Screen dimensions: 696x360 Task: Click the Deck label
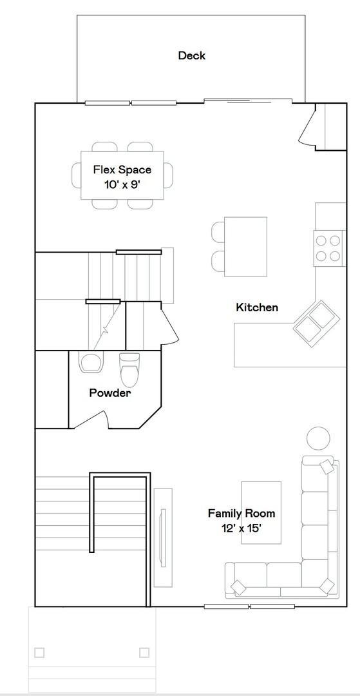click(191, 55)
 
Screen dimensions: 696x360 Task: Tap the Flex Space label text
click(122, 169)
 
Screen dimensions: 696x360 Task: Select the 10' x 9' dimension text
click(122, 184)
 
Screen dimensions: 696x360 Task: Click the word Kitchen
click(257, 307)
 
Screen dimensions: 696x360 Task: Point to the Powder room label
click(109, 392)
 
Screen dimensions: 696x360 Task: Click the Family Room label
click(241, 513)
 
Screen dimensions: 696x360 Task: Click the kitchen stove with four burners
click(327, 248)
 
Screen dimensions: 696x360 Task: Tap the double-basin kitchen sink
click(316, 323)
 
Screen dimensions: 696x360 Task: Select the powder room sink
click(90, 362)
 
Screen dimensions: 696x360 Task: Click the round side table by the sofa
click(318, 438)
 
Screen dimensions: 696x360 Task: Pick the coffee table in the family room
click(261, 512)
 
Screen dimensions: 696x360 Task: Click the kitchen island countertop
click(245, 246)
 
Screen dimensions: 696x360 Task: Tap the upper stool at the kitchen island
click(218, 231)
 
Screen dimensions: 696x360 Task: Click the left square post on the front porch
click(39, 652)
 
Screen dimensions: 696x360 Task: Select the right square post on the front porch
click(144, 652)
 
